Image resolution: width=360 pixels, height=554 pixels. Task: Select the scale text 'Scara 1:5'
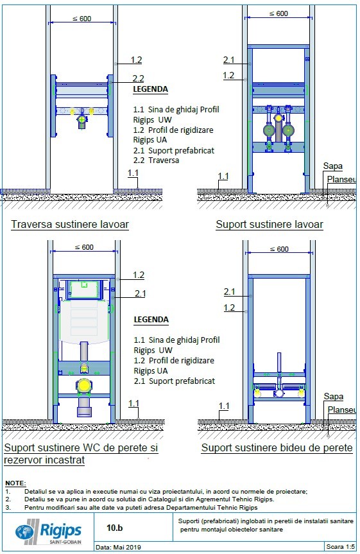tap(339, 548)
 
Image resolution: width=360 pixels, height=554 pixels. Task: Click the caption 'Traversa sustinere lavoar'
tap(69, 225)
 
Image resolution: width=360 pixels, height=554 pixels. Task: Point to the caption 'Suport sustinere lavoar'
tap(269, 225)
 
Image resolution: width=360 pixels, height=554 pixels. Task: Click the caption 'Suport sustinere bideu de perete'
tap(277, 448)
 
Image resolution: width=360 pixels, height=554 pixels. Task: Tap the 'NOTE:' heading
tap(15, 482)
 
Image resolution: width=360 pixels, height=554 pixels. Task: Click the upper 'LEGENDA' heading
tap(151, 89)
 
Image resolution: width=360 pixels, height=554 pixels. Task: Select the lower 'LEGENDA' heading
tap(151, 320)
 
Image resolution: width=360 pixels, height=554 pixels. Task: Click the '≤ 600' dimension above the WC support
tap(82, 247)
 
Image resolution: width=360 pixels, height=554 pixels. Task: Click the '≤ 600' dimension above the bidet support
tap(278, 248)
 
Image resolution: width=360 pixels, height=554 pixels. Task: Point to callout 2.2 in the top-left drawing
tap(138, 78)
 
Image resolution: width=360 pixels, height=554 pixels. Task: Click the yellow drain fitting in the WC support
tap(83, 386)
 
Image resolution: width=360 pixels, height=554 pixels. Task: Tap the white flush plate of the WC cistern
tap(83, 291)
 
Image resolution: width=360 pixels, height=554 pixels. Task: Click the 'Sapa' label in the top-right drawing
tap(332, 166)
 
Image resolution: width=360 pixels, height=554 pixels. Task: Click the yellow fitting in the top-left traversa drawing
tap(81, 118)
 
